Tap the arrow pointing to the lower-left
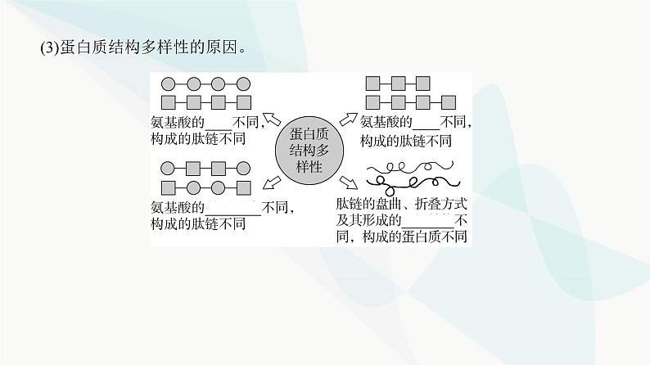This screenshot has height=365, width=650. point(269,181)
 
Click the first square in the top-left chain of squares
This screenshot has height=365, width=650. point(169,102)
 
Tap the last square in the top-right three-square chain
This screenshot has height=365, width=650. point(422,83)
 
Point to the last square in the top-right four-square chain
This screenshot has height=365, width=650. point(447,102)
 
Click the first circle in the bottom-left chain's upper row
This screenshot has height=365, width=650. point(169,169)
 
